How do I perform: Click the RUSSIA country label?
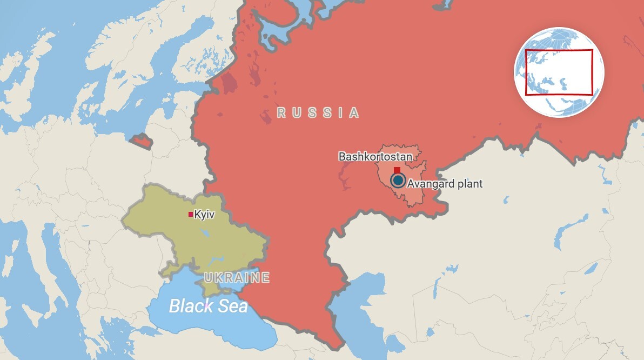(318, 113)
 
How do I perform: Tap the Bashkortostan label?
(375, 157)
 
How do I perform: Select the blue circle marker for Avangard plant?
(398, 180)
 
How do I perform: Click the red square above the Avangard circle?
(397, 170)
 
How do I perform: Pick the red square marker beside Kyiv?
(191, 215)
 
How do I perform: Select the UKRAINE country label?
(237, 278)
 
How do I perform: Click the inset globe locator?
(559, 72)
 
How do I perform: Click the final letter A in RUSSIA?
(353, 113)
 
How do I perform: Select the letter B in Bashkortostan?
(342, 157)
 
